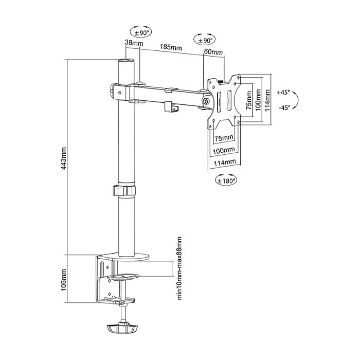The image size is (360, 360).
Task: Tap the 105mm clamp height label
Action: click(x=64, y=280)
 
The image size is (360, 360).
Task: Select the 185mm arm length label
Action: click(x=171, y=47)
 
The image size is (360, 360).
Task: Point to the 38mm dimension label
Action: click(x=134, y=43)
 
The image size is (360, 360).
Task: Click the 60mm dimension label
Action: click(x=213, y=52)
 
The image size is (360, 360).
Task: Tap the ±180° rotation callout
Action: click(x=226, y=181)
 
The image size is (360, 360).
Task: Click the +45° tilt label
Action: click(x=283, y=92)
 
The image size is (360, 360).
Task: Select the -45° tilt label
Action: click(x=284, y=107)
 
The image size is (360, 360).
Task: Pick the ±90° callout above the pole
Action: click(x=141, y=32)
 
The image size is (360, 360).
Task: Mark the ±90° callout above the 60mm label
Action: click(x=205, y=41)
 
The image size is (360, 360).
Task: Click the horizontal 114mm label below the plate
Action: click(x=225, y=163)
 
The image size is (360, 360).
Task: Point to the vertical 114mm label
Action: click(x=268, y=100)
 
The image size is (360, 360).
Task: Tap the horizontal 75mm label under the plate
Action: click(x=224, y=138)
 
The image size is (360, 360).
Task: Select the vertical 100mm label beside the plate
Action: click(x=258, y=100)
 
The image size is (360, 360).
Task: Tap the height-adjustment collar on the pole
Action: click(x=124, y=190)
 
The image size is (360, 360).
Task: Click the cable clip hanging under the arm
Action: click(x=172, y=107)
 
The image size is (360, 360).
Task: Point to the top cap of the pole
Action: click(x=126, y=61)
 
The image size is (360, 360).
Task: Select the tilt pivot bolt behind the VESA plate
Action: click(x=206, y=101)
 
